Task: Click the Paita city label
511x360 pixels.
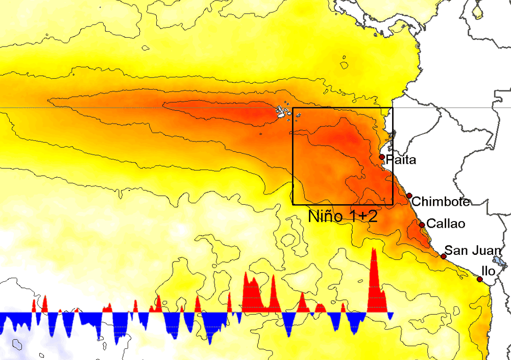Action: pos(401,160)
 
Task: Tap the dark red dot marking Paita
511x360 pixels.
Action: pos(382,157)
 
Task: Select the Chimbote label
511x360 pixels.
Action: pos(440,202)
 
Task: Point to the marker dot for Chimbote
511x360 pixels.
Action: pos(409,196)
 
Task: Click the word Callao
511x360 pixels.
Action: pos(446,224)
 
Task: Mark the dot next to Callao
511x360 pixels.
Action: pos(422,225)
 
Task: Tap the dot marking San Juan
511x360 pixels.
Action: pos(444,256)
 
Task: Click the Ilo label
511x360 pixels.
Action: pos(489,271)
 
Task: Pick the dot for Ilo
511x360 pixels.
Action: pos(479,279)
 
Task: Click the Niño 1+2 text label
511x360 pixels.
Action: pos(343,216)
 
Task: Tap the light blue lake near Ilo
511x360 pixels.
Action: pos(502,262)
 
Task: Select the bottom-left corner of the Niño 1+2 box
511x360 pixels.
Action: pos(293,204)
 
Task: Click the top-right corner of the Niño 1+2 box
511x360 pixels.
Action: pos(392,108)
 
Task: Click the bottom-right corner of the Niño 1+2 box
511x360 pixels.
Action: pos(392,204)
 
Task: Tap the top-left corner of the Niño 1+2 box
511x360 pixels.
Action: pos(293,108)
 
